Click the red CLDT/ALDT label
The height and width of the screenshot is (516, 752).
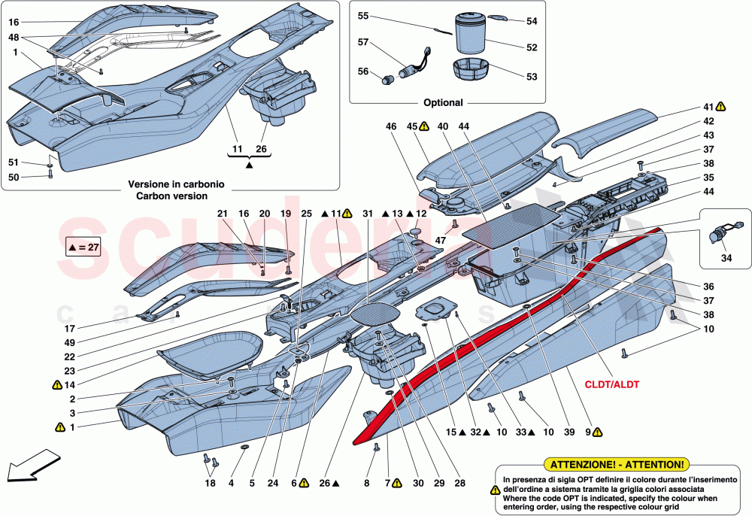tap(614, 384)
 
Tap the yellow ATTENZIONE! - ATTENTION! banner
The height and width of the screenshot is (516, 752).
tap(618, 465)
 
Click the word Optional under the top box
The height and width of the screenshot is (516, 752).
tap(443, 102)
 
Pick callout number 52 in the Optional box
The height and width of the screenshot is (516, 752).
tap(532, 47)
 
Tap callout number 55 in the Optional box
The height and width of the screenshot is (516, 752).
tap(363, 16)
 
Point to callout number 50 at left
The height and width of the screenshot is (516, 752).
tap(13, 177)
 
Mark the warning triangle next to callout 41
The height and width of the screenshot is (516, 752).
tap(720, 107)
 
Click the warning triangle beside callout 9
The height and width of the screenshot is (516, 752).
tap(597, 433)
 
